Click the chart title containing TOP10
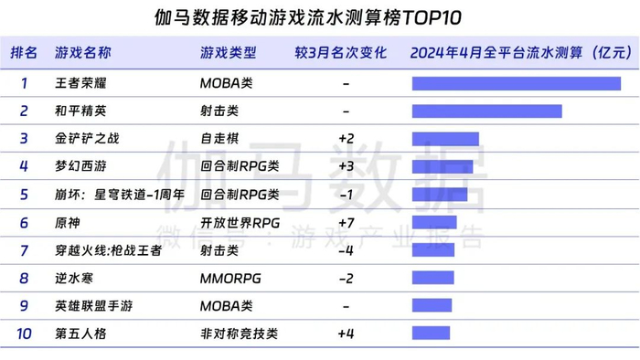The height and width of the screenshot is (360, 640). (x=319, y=17)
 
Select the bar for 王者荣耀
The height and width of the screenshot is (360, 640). (x=516, y=84)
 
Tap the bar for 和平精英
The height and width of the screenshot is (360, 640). (x=486, y=111)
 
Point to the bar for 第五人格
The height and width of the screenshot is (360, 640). (x=431, y=334)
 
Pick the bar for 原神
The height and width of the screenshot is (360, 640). (x=434, y=223)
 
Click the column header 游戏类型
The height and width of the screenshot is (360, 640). (x=228, y=53)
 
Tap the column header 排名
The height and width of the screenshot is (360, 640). (x=24, y=53)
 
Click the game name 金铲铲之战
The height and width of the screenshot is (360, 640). (x=88, y=140)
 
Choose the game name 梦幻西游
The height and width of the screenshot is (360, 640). (x=81, y=167)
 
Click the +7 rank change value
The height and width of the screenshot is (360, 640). (x=346, y=223)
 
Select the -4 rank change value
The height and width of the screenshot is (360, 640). (x=346, y=250)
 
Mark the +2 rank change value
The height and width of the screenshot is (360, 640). (x=346, y=140)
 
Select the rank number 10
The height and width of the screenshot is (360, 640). (x=24, y=334)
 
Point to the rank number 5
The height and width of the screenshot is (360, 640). (x=24, y=195)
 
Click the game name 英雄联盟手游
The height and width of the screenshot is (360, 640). (x=94, y=306)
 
